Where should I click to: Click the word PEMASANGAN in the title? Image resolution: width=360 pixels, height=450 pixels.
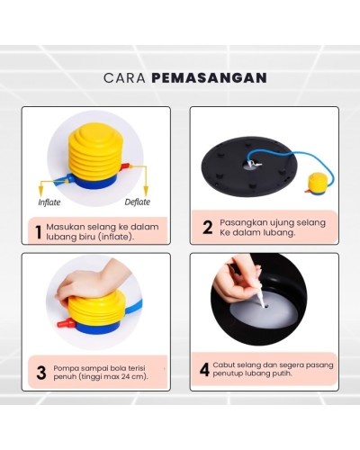209,77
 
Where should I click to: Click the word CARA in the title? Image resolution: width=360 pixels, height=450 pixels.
124,77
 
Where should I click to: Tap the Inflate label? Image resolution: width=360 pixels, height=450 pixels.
49,202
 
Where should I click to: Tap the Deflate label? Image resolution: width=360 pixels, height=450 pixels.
137,202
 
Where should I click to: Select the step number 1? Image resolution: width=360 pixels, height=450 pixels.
38,232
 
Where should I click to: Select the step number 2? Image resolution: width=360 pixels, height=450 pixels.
207,228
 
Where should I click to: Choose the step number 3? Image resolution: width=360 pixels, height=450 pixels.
41,373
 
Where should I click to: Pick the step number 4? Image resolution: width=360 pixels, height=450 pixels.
204,370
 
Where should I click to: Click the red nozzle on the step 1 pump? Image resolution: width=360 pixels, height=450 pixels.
125,166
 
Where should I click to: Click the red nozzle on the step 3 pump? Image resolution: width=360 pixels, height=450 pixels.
66,323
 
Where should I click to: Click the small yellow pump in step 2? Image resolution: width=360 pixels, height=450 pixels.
315,184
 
